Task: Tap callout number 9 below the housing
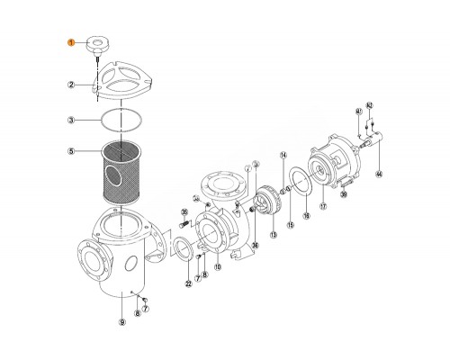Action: pyautogui.click(x=123, y=322)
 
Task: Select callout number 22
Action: pyautogui.click(x=188, y=284)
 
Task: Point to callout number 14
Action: pyautogui.click(x=283, y=156)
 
